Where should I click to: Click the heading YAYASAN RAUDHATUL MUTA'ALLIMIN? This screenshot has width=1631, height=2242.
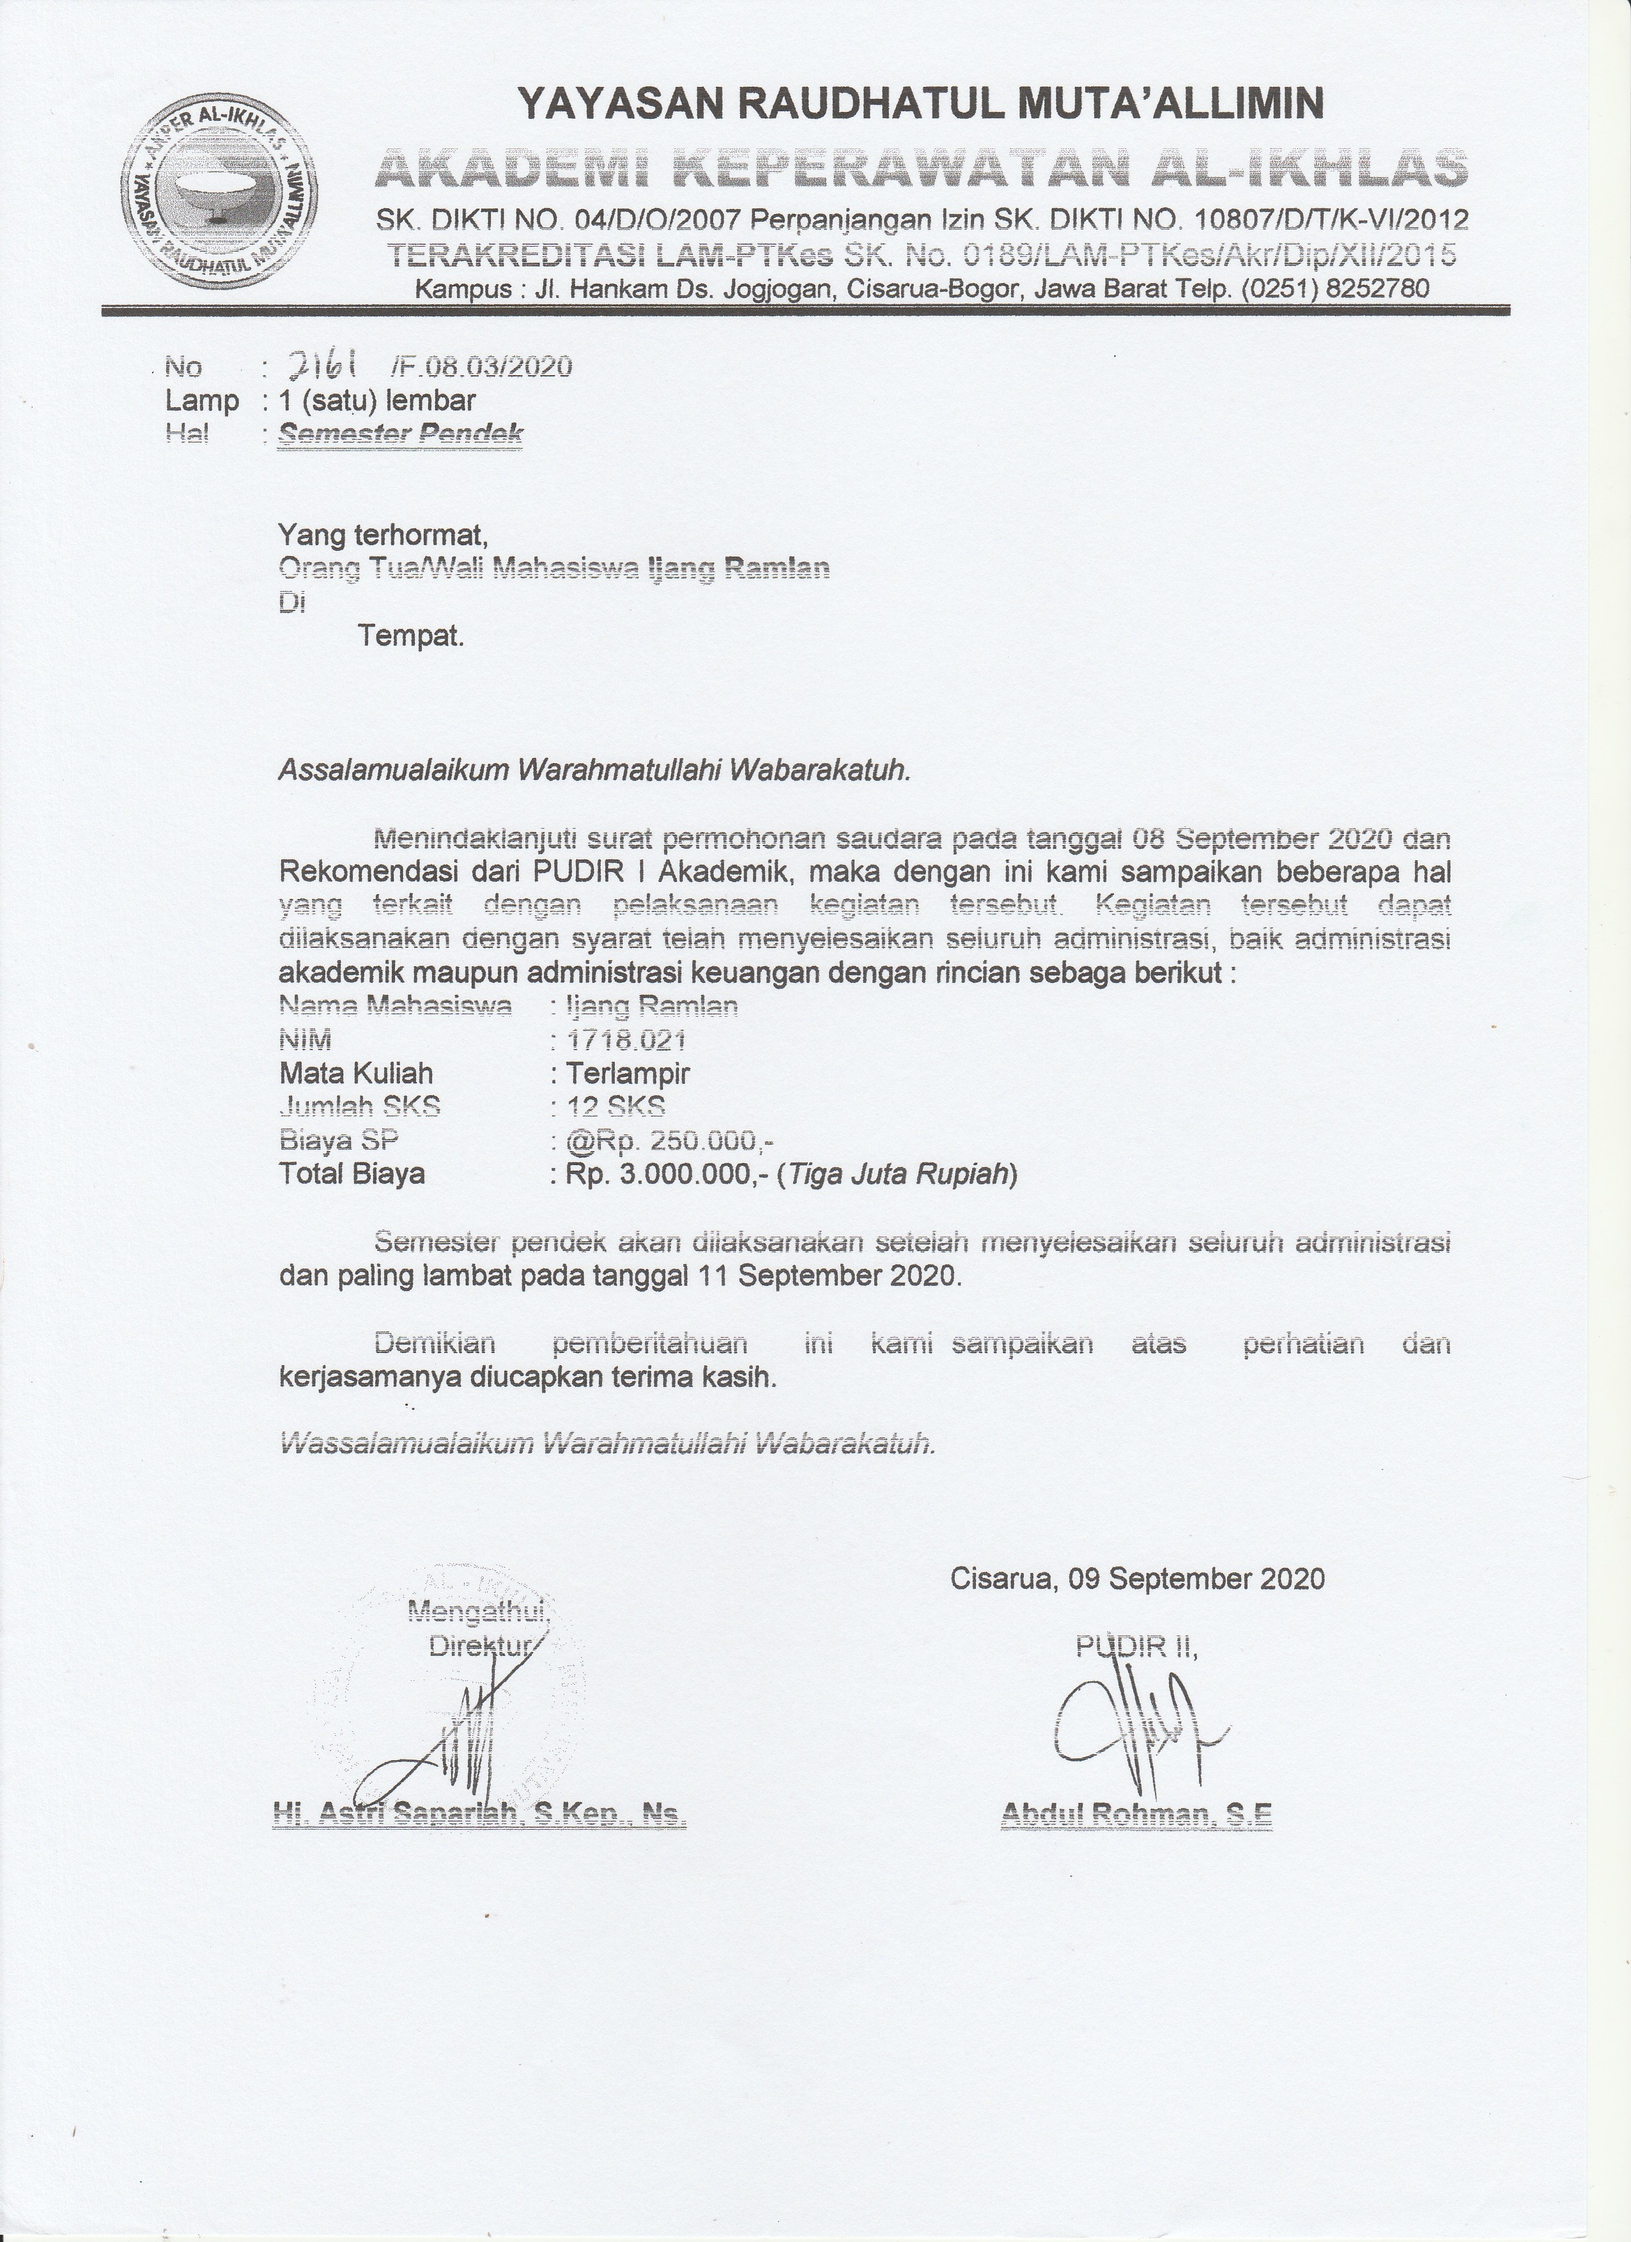pyautogui.click(x=920, y=103)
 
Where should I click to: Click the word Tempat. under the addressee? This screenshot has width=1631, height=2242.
pyautogui.click(x=411, y=636)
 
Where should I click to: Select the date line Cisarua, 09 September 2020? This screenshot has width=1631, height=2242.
pyautogui.click(x=1137, y=1578)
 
